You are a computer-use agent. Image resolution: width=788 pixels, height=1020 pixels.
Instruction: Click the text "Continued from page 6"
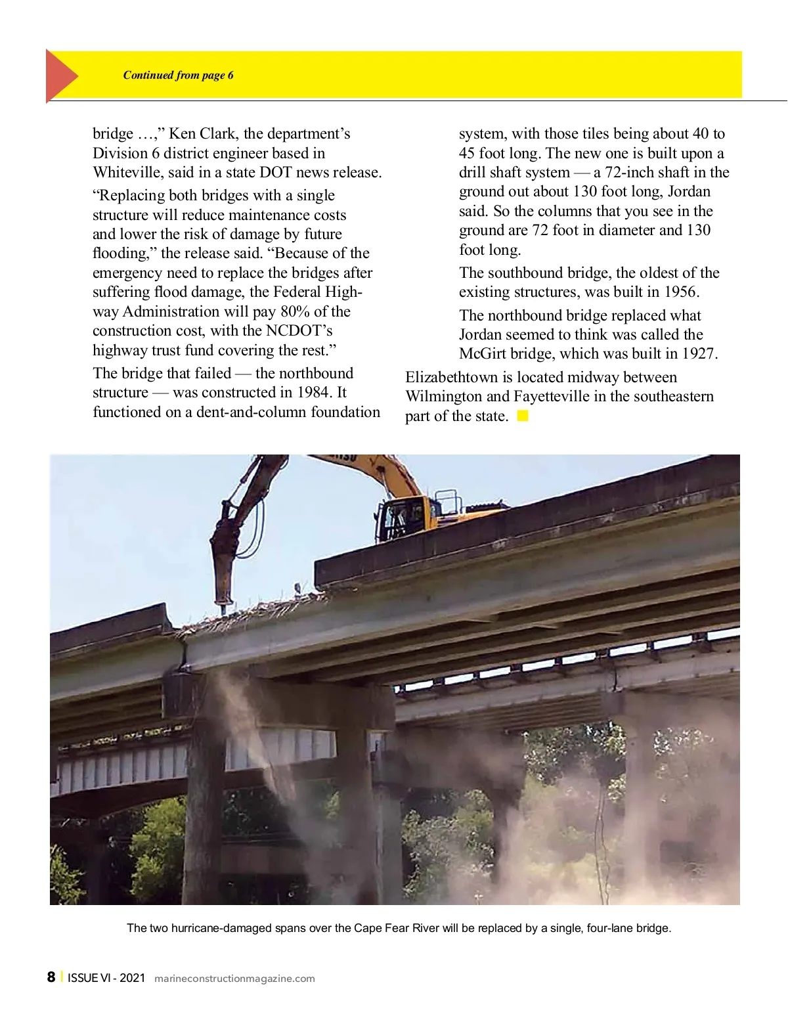coord(178,75)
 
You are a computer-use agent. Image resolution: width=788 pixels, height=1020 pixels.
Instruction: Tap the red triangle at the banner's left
coord(60,76)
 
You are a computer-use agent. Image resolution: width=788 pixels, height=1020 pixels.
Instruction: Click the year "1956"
coord(682,292)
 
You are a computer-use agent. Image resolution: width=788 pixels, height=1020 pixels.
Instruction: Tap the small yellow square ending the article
coord(523,416)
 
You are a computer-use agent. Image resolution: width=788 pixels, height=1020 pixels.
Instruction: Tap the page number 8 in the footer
coord(51,977)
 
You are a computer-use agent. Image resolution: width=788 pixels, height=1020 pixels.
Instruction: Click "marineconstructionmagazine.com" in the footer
coord(234,979)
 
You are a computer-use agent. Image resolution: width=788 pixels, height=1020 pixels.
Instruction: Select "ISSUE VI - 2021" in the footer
coord(106,978)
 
